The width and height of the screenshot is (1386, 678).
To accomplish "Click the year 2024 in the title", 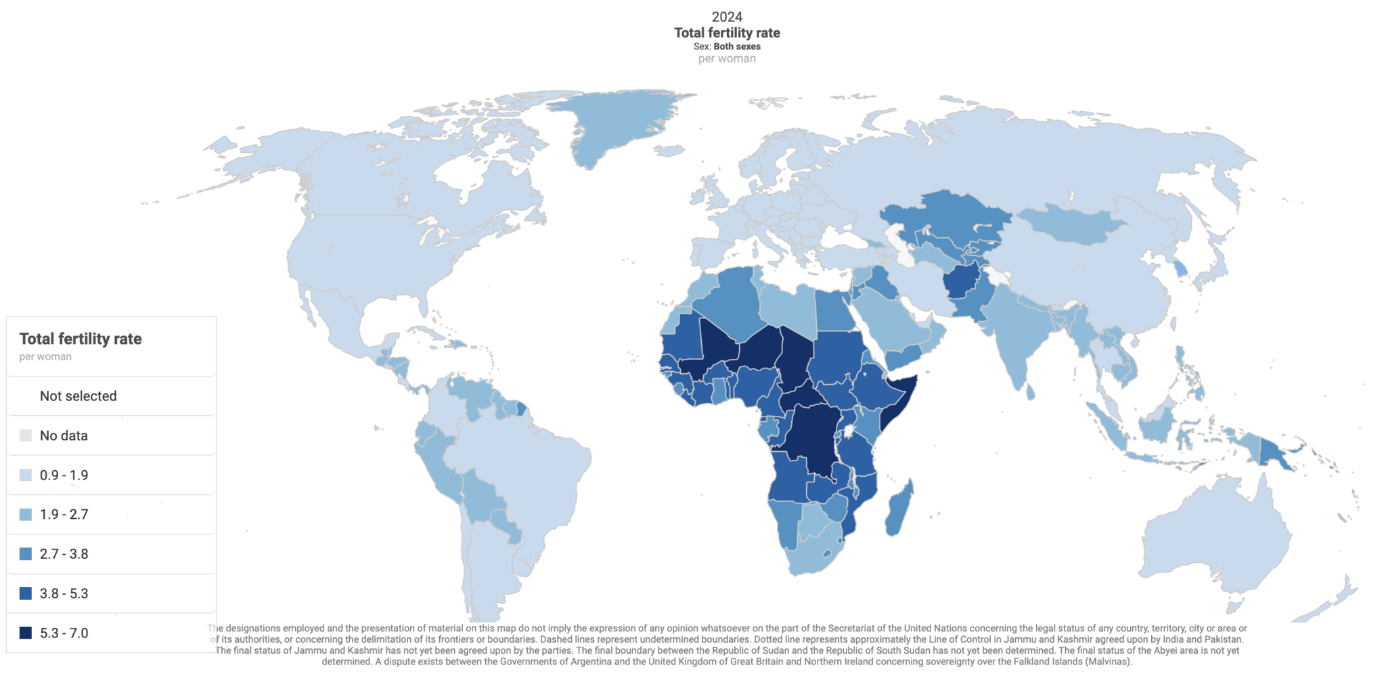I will [727, 17].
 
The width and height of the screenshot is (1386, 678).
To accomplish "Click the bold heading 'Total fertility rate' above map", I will [727, 33].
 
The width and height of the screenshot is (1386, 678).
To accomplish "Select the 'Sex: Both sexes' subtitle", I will [727, 47].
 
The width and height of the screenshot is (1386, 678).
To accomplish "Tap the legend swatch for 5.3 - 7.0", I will [26, 633].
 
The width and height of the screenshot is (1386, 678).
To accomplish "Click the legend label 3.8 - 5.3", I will [64, 594].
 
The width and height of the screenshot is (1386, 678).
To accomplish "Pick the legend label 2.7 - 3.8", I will [64, 554].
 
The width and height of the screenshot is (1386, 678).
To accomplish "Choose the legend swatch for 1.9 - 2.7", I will [26, 515].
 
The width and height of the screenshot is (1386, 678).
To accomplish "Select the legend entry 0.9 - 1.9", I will [64, 475].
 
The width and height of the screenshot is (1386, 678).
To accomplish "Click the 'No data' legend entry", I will [64, 436].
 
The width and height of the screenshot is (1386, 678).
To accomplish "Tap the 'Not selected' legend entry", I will [78, 396].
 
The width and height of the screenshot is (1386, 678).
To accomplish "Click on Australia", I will [1211, 535].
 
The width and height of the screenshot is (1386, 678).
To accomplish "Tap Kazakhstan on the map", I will [947, 213].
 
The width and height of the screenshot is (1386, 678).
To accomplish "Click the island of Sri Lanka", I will [1031, 391].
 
